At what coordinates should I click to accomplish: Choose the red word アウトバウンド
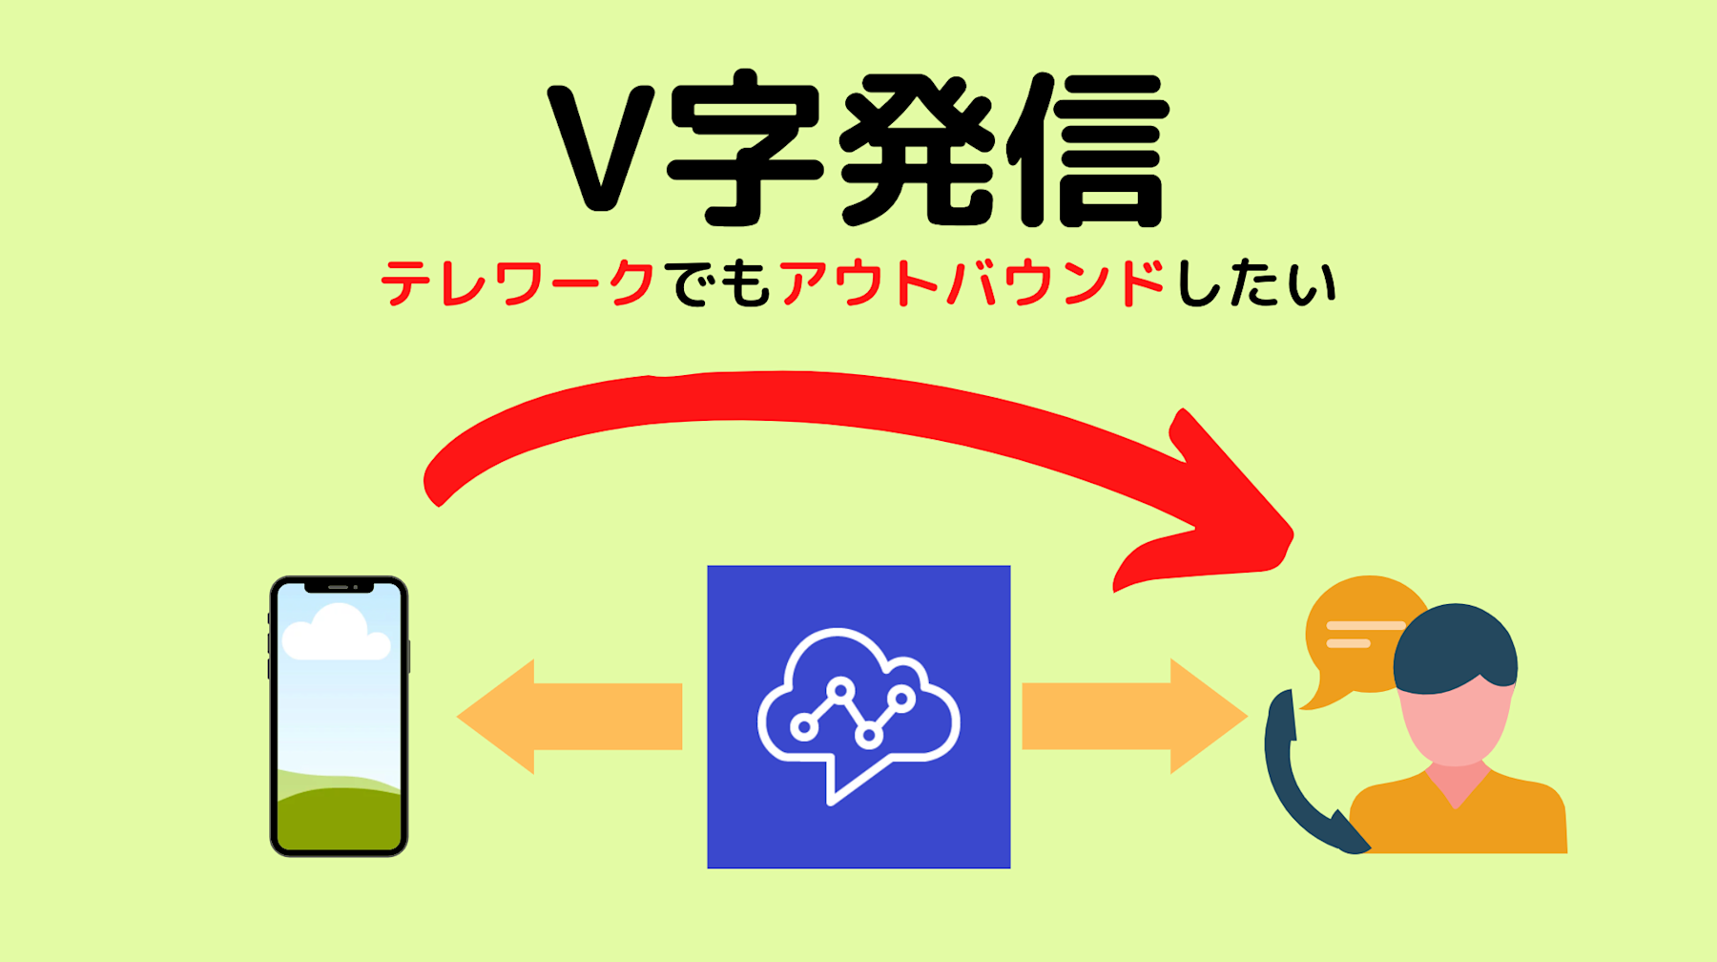click(972, 283)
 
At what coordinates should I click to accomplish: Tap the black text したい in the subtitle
click(1255, 283)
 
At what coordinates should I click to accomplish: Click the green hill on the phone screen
click(339, 816)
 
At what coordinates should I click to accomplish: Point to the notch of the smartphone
click(339, 587)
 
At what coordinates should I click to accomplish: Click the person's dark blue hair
click(1455, 644)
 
